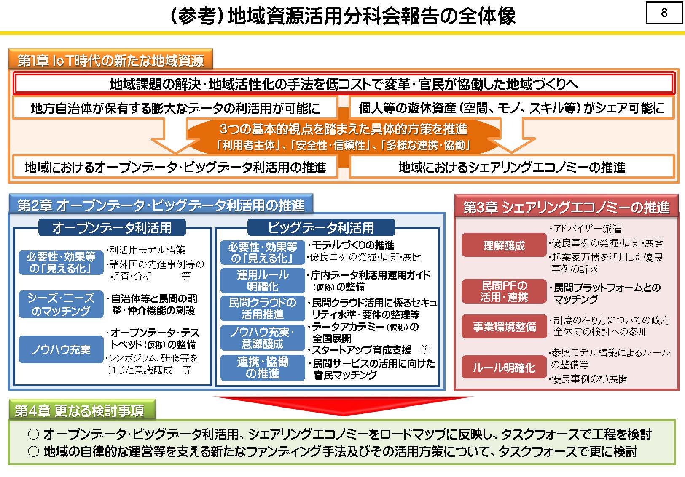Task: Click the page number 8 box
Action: pos(664,12)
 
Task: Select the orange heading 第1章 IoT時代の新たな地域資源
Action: pos(110,59)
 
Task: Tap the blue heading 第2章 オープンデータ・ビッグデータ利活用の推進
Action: pos(161,205)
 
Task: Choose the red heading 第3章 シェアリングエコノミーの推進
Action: pos(567,206)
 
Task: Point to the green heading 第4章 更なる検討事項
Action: pos(82,410)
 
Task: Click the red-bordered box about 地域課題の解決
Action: pos(344,84)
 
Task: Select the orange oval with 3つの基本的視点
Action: pos(343,136)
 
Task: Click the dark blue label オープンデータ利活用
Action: pos(112,227)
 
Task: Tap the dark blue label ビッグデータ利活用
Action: pos(321,227)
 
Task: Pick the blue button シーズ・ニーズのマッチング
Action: pos(61,304)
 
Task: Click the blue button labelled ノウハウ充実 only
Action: pos(61,349)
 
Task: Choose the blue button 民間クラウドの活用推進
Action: pos(262,308)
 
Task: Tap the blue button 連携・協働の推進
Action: pos(262,368)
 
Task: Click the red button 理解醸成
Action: pos(504,245)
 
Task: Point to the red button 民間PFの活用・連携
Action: pos(504,291)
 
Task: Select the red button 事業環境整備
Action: pos(504,326)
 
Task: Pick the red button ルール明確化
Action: pos(504,367)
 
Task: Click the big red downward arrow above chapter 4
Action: pos(343,405)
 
